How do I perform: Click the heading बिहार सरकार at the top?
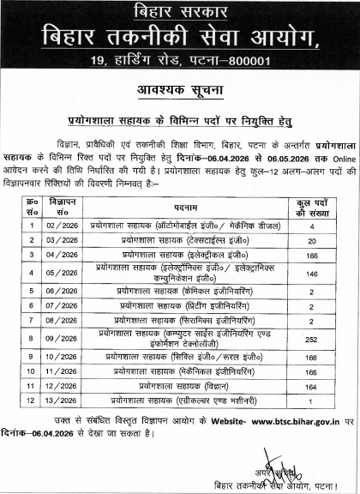pyautogui.click(x=179, y=12)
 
